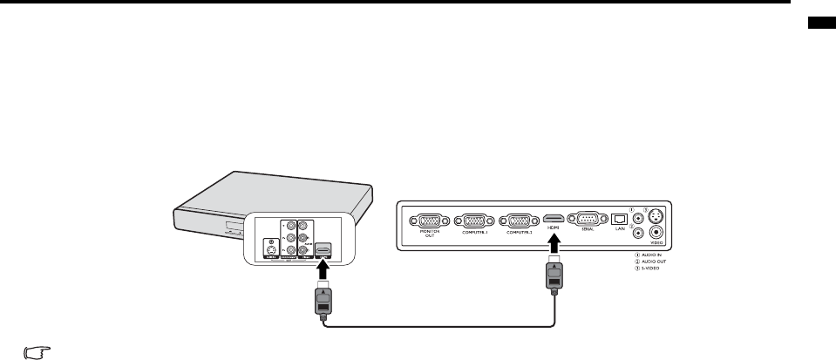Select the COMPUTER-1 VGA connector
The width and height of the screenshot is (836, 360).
[x=475, y=220]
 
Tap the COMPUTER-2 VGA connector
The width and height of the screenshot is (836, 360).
[x=519, y=220]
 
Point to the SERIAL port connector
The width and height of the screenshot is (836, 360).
[x=583, y=220]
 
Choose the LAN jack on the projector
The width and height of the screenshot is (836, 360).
[x=619, y=220]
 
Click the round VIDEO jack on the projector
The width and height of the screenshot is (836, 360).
[x=656, y=232]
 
